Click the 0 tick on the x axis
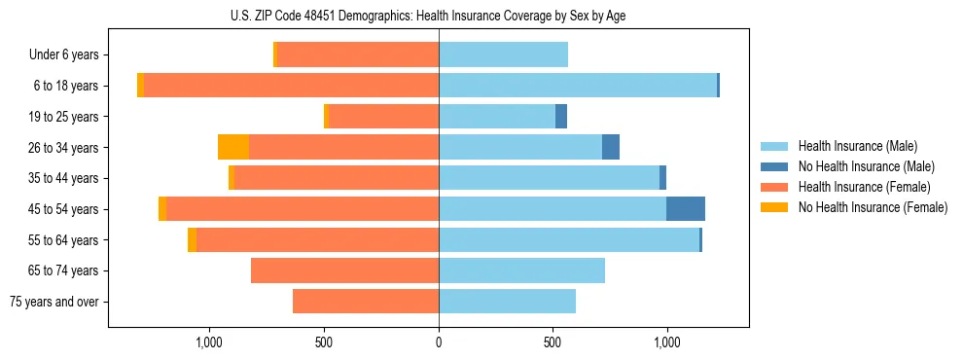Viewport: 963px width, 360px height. (439, 342)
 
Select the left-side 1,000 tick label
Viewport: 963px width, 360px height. (210, 342)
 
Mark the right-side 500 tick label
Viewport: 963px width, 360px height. (553, 342)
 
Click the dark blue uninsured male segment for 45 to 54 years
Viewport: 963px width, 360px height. (686, 209)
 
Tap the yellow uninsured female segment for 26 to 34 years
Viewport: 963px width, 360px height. (233, 147)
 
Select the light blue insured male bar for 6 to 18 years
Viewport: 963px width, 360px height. (578, 86)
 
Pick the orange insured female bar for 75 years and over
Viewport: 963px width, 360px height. (366, 302)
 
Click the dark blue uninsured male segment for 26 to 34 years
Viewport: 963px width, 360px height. (611, 147)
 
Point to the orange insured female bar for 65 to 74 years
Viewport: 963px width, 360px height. (344, 270)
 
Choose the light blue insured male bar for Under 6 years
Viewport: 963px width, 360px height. (503, 55)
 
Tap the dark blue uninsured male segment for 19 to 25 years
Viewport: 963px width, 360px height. (561, 117)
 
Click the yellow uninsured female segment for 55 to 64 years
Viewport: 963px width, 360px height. (192, 240)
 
